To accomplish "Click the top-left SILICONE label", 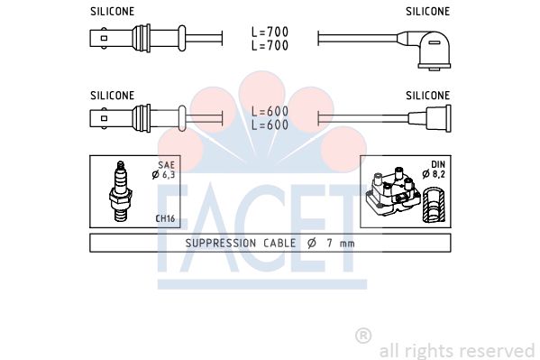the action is (113, 12).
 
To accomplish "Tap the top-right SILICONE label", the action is (427, 12).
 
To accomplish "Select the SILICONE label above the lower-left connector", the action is (113, 96).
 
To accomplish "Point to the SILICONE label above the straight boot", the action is (427, 96).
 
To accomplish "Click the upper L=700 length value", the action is (270, 32).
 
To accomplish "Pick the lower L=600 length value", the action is (270, 125).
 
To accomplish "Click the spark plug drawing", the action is (120, 191).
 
